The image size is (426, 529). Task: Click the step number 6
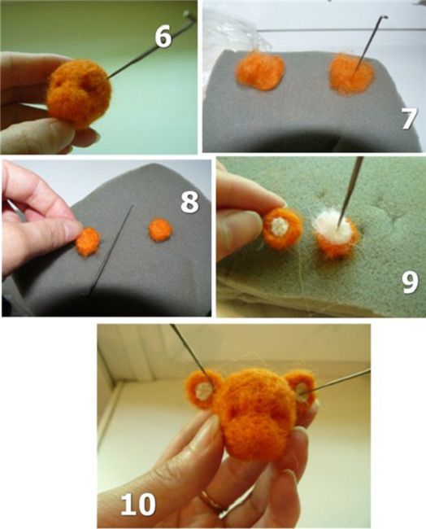pyautogui.click(x=163, y=37)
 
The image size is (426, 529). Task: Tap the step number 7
pyautogui.click(x=409, y=119)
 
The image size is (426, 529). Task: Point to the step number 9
pyautogui.click(x=411, y=282)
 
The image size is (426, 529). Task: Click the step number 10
pyautogui.click(x=138, y=504)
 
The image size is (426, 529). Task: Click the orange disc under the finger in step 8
pyautogui.click(x=88, y=242)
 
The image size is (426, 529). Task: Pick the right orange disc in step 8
pyautogui.click(x=160, y=230)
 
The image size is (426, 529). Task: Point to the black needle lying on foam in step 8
pyautogui.click(x=108, y=250)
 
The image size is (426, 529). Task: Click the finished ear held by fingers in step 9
pyautogui.click(x=282, y=229)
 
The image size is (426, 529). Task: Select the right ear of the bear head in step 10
pyautogui.click(x=302, y=391)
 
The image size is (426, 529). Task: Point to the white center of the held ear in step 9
pyautogui.click(x=280, y=225)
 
